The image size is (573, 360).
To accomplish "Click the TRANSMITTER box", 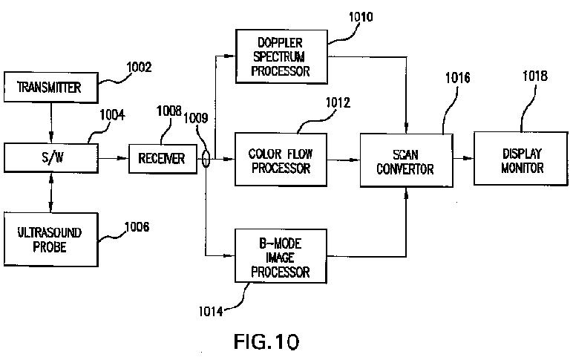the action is (x=50, y=88).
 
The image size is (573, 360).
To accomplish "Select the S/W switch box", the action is (x=50, y=158).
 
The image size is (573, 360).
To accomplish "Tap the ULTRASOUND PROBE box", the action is (x=50, y=240).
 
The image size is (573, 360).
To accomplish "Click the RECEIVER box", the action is (x=163, y=159).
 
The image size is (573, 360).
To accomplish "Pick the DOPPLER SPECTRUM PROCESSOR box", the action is (x=281, y=56).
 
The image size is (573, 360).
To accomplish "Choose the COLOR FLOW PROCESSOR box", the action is (x=281, y=160).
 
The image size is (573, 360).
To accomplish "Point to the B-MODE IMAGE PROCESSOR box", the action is (x=281, y=256).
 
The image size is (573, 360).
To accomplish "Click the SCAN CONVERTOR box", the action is (x=406, y=160).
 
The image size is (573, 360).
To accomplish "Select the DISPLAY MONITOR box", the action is (x=521, y=159).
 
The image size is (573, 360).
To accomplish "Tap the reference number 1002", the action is (x=139, y=68).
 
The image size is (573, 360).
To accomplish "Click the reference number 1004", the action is (x=112, y=115).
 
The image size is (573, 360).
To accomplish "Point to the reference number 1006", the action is (x=137, y=227).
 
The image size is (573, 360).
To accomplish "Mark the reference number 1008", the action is (x=168, y=111).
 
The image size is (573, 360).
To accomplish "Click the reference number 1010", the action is (x=361, y=17).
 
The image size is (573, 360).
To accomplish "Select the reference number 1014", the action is (x=211, y=312).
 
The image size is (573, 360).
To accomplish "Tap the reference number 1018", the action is (x=535, y=76).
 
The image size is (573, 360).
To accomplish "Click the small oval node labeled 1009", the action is (x=206, y=159).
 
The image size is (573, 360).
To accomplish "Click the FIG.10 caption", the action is (x=266, y=341).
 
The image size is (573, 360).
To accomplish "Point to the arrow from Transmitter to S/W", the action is (x=51, y=122).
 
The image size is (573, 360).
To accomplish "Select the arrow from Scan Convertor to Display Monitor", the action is (x=463, y=158).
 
